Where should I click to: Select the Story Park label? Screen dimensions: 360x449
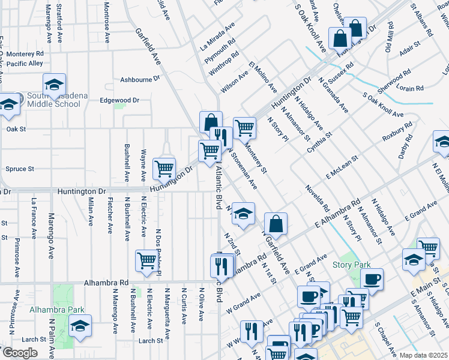[351, 265]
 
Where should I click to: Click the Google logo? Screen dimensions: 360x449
[20, 353]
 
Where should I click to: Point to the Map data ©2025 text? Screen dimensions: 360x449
[423, 355]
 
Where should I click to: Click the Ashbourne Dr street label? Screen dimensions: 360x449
[140, 79]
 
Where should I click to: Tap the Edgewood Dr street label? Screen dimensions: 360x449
[119, 100]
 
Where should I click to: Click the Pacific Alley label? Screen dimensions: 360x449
[25, 63]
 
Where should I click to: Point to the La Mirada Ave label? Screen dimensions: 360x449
[218, 37]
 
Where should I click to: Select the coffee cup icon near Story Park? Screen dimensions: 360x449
[372, 279]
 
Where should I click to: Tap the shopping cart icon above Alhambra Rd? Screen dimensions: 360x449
[146, 260]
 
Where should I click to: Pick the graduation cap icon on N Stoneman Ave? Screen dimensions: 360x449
[243, 214]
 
